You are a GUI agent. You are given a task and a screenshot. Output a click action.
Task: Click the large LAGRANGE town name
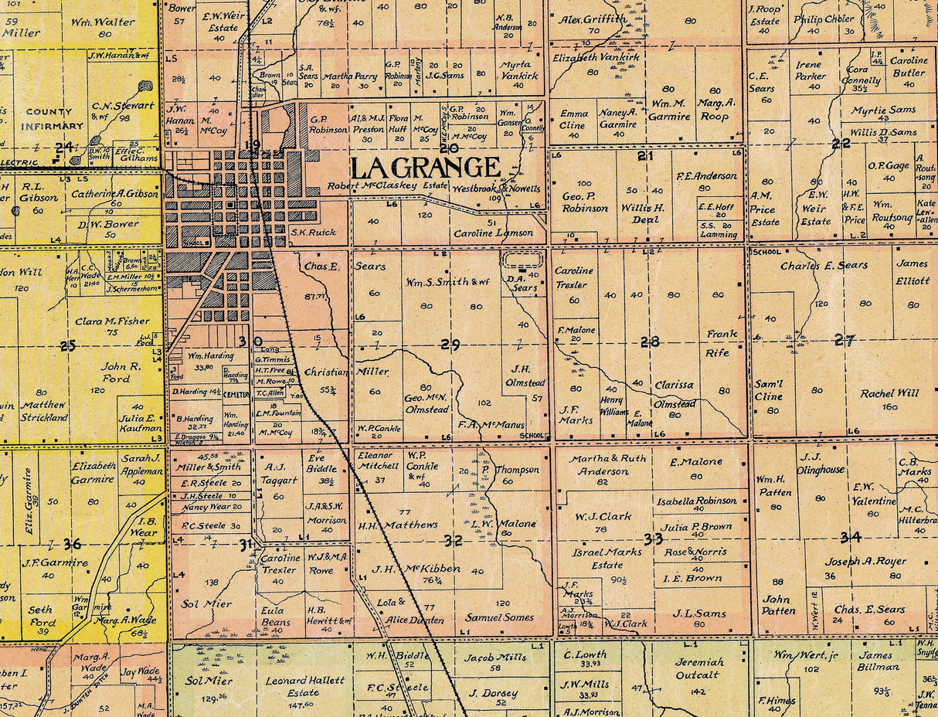(x=425, y=167)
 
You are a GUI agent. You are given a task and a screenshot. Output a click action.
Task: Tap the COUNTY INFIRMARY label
(x=53, y=118)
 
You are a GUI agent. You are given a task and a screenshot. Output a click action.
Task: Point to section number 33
(x=653, y=538)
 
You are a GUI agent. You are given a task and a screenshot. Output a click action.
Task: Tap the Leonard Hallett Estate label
(x=305, y=687)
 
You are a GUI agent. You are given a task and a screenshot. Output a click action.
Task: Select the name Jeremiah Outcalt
(x=699, y=669)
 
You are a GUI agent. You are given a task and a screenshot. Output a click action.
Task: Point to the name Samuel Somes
(x=499, y=617)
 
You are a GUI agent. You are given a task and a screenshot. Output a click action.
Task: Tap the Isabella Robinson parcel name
(x=696, y=501)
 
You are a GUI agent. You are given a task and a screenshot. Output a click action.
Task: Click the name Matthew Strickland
(x=44, y=411)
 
